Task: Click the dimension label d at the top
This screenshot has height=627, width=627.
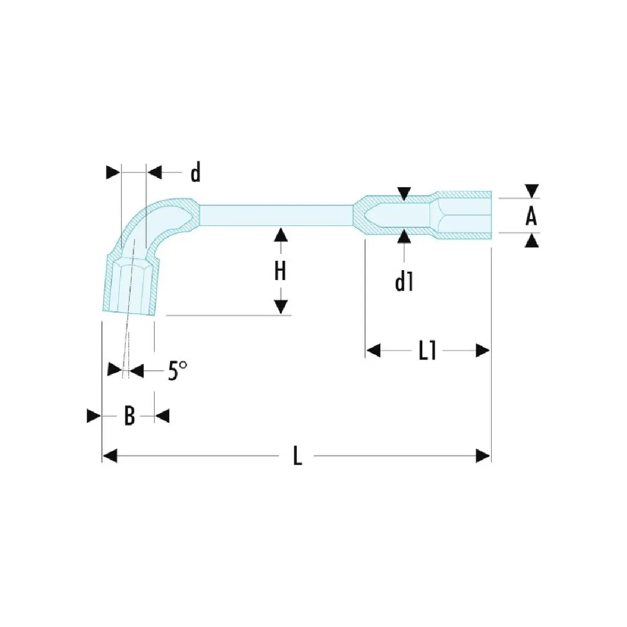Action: (x=195, y=172)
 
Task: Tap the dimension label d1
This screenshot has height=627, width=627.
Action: (x=404, y=283)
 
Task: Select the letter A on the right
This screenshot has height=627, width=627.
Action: (x=531, y=216)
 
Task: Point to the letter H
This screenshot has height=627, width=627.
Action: (x=281, y=271)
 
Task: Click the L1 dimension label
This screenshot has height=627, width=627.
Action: (x=427, y=351)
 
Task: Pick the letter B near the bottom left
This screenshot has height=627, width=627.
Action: (x=129, y=416)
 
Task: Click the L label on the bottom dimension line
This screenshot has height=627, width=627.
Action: (x=297, y=456)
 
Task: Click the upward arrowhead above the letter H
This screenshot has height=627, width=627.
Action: (x=281, y=235)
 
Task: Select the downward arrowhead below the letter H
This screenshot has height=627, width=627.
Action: (x=281, y=307)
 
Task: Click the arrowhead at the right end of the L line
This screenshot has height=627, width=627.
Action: (x=483, y=456)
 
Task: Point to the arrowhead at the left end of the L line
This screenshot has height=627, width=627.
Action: (x=110, y=456)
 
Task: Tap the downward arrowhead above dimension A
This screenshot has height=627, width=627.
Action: (x=531, y=191)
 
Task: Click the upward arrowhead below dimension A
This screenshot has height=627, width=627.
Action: (x=531, y=240)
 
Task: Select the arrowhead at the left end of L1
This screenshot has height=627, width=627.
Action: (x=373, y=351)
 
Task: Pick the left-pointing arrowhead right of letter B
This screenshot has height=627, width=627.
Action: (x=162, y=416)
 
